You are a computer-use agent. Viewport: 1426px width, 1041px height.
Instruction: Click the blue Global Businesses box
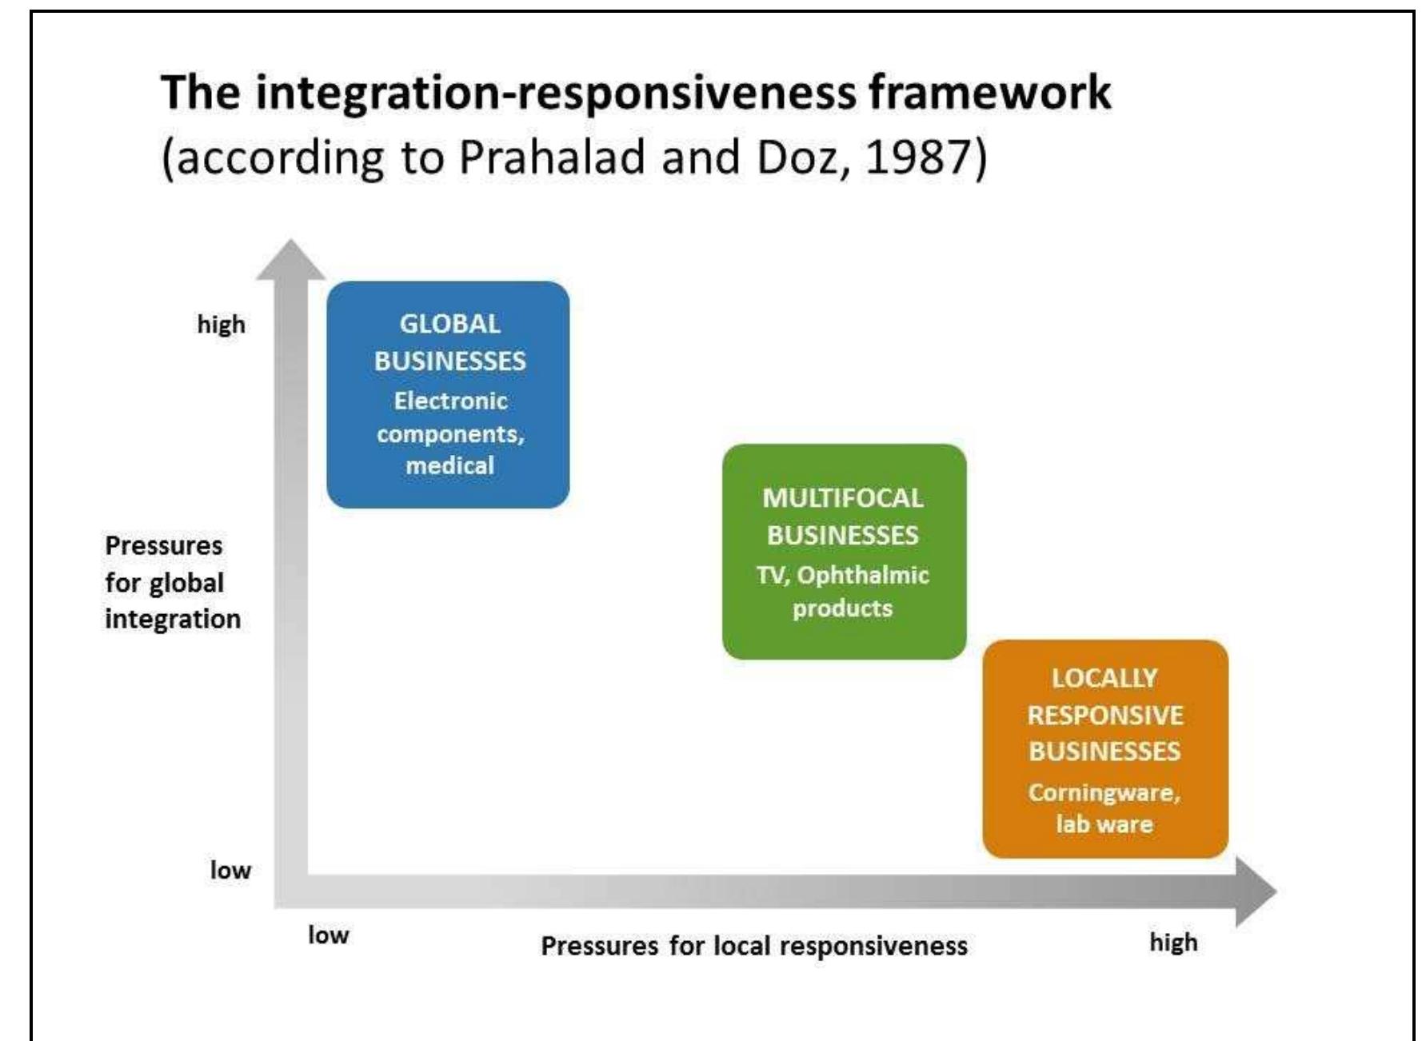(448, 393)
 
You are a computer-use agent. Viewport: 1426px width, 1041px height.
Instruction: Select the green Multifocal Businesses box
(844, 552)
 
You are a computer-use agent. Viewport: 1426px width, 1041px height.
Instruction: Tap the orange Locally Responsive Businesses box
(1104, 749)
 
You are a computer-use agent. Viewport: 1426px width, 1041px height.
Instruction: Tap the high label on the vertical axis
(222, 325)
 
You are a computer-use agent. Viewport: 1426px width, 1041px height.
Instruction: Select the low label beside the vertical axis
(230, 870)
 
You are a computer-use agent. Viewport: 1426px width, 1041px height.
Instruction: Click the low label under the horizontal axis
(329, 935)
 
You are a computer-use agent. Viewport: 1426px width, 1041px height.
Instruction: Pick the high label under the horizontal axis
(1173, 943)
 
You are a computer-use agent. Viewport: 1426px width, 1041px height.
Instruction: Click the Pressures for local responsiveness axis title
(753, 947)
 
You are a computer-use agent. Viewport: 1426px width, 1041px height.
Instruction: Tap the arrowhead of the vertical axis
(291, 260)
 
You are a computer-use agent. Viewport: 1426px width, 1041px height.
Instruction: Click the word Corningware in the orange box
(1104, 792)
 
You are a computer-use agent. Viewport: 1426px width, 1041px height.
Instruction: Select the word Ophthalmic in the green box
(863, 575)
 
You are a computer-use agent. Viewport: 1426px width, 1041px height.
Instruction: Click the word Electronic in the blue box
(450, 401)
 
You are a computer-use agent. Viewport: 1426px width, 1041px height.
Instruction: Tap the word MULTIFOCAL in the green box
(842, 498)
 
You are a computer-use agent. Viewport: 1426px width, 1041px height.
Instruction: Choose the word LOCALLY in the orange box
(1104, 678)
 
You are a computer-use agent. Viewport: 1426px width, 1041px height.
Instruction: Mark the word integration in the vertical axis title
(173, 620)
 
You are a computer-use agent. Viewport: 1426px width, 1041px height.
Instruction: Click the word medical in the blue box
(449, 465)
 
